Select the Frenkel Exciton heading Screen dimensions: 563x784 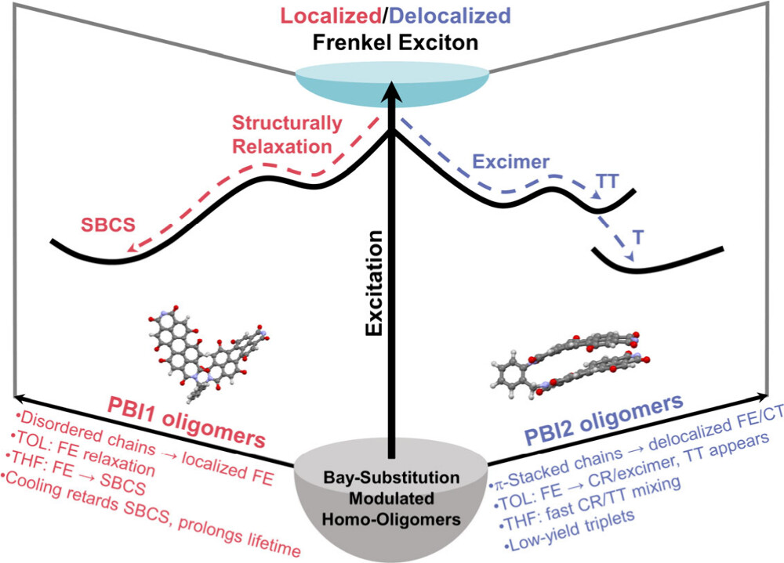coord(391,42)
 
